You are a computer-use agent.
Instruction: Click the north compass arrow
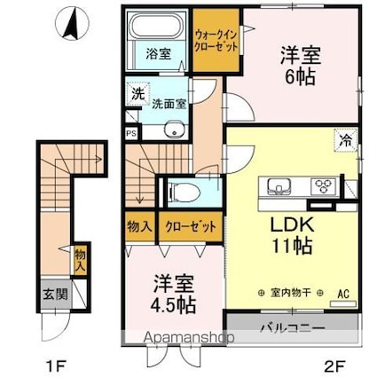pos(71,24)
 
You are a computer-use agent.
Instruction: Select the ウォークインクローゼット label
pos(216,42)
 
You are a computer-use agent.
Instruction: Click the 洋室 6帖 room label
pos(300,66)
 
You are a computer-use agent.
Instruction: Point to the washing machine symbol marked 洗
pos(137,94)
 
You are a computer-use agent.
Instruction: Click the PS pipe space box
pos(131,133)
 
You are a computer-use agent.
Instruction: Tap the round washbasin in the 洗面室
pos(174,130)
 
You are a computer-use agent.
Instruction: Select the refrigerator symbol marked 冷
pos(345,140)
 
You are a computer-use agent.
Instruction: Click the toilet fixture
pos(184,192)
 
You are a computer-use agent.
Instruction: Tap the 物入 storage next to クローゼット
pos(139,227)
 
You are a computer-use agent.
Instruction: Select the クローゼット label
pos(191,227)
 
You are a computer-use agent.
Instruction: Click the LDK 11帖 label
pos(292,236)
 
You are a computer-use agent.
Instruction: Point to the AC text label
pos(343,294)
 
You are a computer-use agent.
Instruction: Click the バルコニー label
pos(293,328)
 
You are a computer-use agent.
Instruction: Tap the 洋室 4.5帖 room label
pos(173,294)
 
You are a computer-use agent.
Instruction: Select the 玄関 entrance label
pos(56,294)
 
